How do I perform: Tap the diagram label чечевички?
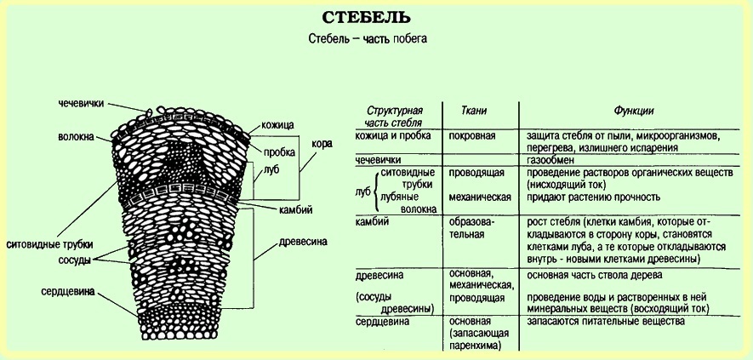pyautogui.click(x=81, y=103)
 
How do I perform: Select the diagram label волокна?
pyautogui.click(x=77, y=136)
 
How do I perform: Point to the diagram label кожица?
pyautogui.click(x=278, y=123)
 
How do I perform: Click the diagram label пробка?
pyautogui.click(x=279, y=152)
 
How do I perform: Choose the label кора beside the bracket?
pyautogui.click(x=322, y=144)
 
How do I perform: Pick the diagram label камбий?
pyautogui.click(x=295, y=209)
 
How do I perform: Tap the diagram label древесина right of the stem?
pyautogui.click(x=303, y=242)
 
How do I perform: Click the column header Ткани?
pyautogui.click(x=474, y=111)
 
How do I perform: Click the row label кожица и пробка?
pyautogui.click(x=392, y=135)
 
